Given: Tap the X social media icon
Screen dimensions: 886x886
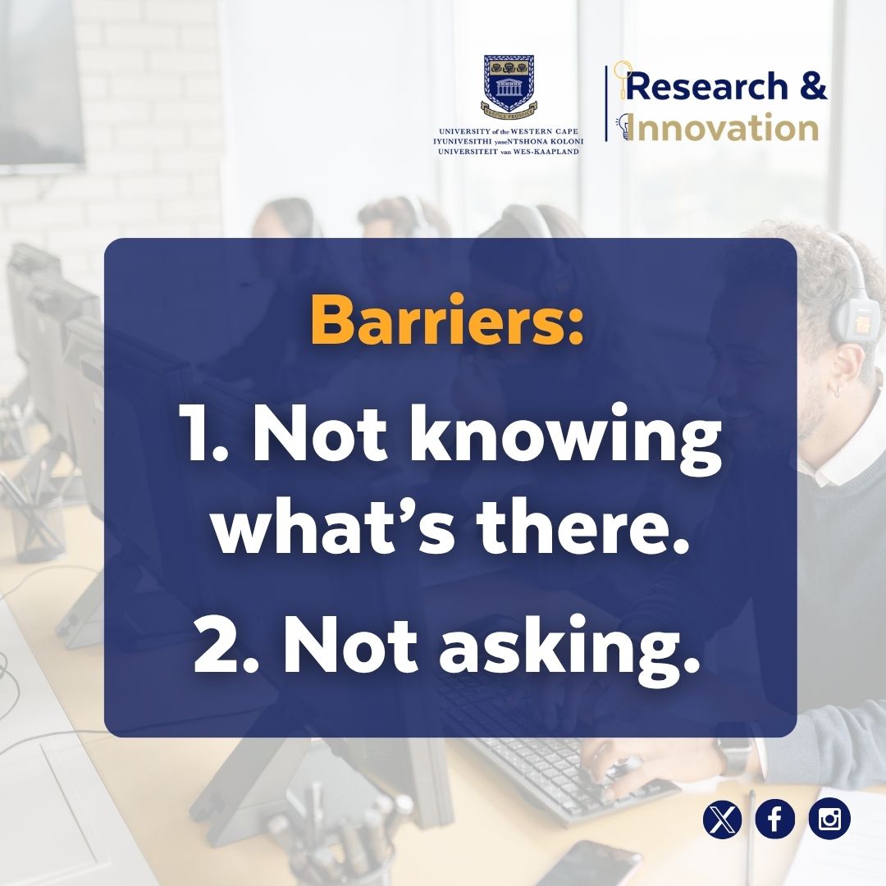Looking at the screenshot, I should click(x=722, y=820).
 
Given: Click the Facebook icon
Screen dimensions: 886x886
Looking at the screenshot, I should click(x=775, y=820).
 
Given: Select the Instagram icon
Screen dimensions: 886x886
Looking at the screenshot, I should click(x=829, y=820).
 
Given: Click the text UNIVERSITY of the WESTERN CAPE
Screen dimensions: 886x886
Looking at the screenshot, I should click(x=508, y=131).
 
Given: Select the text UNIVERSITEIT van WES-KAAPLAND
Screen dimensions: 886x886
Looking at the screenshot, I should click(x=508, y=152).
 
